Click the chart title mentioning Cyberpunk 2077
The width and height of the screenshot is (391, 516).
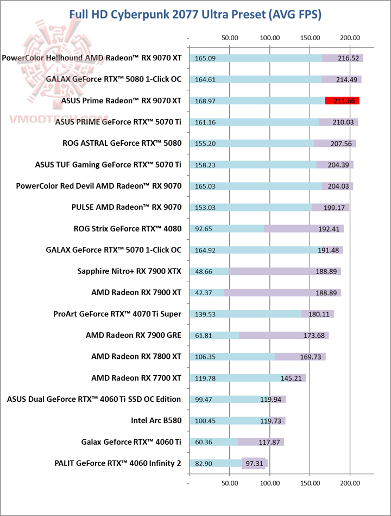[195, 15]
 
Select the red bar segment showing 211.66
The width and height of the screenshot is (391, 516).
[342, 101]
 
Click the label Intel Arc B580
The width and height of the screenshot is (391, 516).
[156, 420]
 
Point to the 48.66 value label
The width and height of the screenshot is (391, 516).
[204, 271]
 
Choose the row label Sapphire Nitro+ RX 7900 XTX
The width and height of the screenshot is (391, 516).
[129, 271]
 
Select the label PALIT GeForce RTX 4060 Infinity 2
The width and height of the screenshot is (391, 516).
[118, 463]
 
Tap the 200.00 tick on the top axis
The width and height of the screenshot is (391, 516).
[350, 38]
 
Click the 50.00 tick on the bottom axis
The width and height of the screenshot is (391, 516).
[230, 481]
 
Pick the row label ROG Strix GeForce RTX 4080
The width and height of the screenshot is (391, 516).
[127, 228]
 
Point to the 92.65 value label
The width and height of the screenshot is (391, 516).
[204, 229]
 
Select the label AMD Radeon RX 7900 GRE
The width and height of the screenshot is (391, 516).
[133, 335]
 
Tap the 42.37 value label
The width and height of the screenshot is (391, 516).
[204, 293]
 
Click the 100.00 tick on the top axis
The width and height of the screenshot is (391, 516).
[270, 38]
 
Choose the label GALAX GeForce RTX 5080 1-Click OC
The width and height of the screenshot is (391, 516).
[114, 79]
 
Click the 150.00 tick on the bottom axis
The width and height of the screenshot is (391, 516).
[310, 481]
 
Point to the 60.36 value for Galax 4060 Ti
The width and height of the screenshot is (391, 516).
[204, 442]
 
